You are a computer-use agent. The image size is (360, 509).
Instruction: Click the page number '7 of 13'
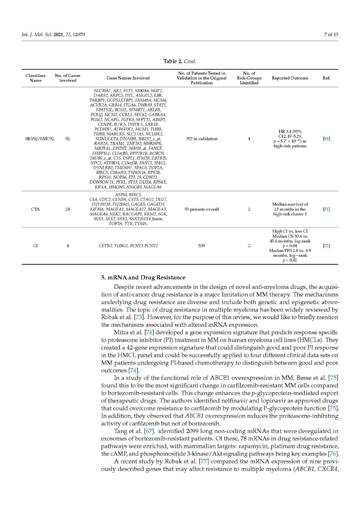pos(331,34)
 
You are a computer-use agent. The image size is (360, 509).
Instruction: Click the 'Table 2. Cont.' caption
pos(180,61)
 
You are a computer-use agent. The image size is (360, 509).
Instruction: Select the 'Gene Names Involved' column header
pos(128,78)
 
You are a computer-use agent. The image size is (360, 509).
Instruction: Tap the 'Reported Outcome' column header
pos(290,78)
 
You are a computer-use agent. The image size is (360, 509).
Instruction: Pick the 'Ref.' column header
pos(326,78)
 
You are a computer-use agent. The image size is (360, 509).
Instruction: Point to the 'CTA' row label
pos(35,209)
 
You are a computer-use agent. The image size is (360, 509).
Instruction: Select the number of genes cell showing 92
pos(67,139)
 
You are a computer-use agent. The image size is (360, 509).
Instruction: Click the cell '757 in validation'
pos(201,139)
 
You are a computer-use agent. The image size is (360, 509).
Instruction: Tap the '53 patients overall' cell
pos(201,209)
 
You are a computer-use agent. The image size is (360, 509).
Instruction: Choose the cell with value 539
pos(201,246)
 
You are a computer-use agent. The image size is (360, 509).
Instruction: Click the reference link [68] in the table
pos(326,139)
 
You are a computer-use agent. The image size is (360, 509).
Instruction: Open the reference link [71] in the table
pos(326,209)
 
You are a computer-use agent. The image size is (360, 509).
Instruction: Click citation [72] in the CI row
pos(326,246)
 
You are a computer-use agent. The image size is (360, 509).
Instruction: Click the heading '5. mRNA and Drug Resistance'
pos(143,277)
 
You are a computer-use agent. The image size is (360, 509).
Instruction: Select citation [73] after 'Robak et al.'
pos(139,317)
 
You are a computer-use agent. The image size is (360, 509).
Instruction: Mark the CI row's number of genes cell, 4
pos(67,246)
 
